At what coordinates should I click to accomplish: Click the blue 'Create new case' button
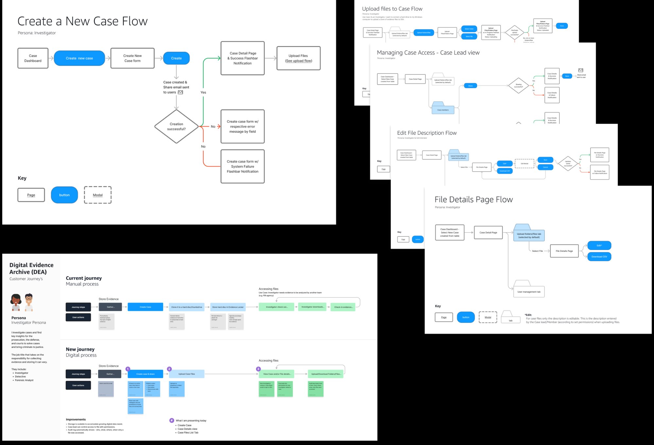click(79, 58)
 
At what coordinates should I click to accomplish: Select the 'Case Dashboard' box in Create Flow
click(33, 58)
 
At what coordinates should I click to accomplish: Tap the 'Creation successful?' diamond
click(176, 127)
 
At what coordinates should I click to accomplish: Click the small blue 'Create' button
click(176, 58)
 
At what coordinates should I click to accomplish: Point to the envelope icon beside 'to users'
click(180, 92)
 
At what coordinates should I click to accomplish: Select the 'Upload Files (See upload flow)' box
click(298, 58)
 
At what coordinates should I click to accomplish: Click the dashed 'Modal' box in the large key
click(98, 195)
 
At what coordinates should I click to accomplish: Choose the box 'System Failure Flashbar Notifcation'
click(242, 166)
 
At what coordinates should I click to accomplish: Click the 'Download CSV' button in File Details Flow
click(599, 257)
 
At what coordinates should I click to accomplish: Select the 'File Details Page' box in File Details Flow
click(564, 251)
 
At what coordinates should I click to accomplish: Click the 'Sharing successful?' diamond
click(518, 86)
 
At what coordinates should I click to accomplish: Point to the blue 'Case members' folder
click(443, 109)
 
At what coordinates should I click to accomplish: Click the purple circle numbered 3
click(258, 369)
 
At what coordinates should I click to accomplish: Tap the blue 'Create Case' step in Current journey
click(145, 307)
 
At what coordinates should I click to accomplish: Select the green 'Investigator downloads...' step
click(313, 307)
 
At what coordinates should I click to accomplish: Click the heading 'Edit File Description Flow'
click(427, 133)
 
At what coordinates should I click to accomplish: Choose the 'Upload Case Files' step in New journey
click(186, 374)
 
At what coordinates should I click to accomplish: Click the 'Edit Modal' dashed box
click(524, 163)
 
